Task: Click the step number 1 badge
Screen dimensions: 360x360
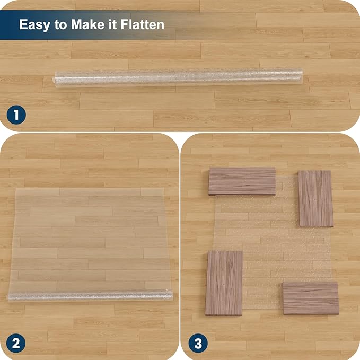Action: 16,115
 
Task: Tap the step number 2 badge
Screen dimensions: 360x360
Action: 16,343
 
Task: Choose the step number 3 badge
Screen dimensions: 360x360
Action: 197,343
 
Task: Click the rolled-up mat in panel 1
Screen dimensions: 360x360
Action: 178,77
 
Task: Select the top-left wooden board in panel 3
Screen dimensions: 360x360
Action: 242,181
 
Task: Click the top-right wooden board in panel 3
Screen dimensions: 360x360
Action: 315,198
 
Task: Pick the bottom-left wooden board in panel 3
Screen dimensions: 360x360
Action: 224,283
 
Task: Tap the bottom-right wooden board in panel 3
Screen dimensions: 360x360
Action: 311,297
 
